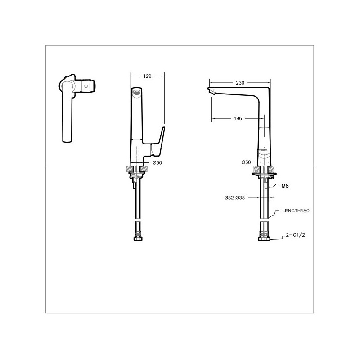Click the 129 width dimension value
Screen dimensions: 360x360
147,76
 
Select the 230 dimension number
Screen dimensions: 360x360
240,83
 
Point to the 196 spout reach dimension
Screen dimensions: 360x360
238,118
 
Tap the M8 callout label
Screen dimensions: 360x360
285,186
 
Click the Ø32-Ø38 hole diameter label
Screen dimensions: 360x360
234,198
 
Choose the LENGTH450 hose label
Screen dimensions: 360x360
296,211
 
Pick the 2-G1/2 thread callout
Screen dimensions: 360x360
296,235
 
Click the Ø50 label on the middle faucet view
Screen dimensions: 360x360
157,163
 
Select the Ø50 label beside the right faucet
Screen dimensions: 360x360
246,162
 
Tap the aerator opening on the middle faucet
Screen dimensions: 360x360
137,92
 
